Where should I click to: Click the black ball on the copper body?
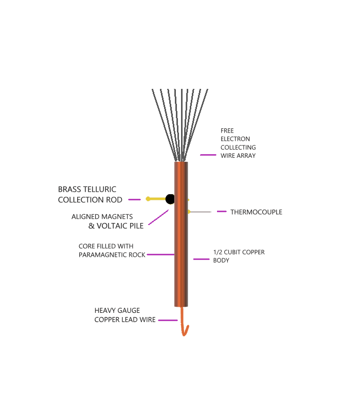[x=170, y=199]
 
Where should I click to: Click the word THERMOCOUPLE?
[x=256, y=212]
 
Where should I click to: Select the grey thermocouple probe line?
[x=201, y=212]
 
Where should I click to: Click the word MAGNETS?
[x=118, y=217]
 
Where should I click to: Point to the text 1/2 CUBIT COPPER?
[x=239, y=252]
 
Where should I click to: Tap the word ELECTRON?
[x=235, y=139]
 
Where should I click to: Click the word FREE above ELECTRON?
[x=227, y=130]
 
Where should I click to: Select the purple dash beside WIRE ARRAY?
[x=208, y=155]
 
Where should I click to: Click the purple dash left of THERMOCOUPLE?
[x=222, y=211]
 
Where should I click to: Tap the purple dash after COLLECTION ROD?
[x=134, y=199]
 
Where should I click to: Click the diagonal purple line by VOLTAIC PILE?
[x=158, y=217]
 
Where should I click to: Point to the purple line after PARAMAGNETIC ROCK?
[x=160, y=254]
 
